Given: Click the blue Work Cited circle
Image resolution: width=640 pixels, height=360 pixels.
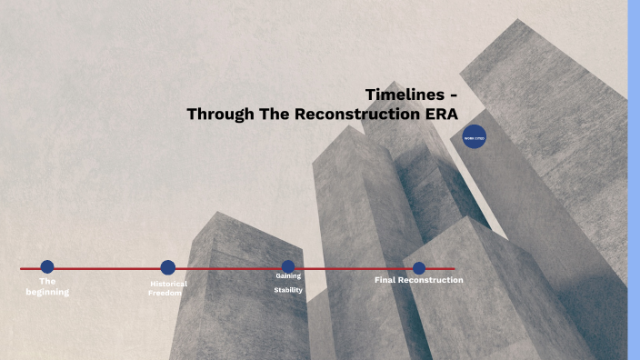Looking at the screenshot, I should click(474, 138).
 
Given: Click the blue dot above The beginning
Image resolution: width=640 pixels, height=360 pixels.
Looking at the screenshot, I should click(47, 266).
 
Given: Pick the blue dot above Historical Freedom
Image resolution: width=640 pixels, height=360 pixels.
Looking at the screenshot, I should click(168, 267).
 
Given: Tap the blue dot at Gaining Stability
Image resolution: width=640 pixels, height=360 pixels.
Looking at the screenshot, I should click(288, 267).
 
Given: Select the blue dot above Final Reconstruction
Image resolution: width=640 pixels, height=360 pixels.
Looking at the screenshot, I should click(419, 267).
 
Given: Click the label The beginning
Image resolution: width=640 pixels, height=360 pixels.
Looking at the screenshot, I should click(47, 286).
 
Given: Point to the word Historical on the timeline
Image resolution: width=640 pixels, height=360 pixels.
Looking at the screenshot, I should click(169, 284).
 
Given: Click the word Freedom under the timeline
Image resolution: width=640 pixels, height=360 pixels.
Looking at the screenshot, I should click(165, 294).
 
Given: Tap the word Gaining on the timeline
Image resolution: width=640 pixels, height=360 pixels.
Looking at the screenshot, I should click(288, 275).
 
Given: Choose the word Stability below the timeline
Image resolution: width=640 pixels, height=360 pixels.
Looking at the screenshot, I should click(288, 290).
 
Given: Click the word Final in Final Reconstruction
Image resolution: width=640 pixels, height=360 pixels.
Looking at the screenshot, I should click(385, 280).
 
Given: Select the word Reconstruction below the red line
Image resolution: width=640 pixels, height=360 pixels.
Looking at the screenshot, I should click(431, 280).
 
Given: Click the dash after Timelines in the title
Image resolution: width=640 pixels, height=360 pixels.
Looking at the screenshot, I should click(453, 95).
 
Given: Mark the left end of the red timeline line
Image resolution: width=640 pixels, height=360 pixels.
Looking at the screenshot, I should click(22, 268).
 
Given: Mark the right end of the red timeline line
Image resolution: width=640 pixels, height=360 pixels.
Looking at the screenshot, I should click(454, 268).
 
